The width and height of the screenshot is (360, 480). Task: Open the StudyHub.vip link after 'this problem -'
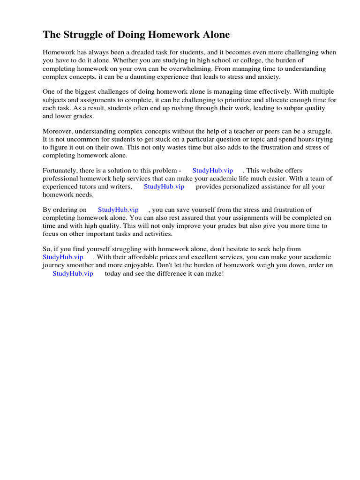[213, 171]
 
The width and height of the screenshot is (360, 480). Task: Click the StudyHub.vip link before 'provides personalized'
[164, 187]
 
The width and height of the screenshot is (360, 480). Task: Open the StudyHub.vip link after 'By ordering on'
[118, 210]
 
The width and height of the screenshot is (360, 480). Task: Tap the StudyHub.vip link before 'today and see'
[73, 273]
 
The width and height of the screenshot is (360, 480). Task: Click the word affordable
[146, 257]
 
